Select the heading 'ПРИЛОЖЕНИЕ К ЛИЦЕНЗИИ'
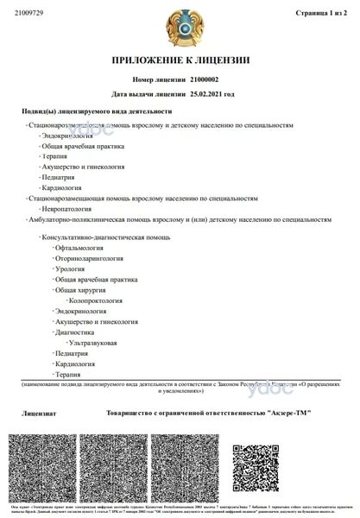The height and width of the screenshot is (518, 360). [179, 61]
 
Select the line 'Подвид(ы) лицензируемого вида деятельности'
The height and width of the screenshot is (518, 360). [97, 112]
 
